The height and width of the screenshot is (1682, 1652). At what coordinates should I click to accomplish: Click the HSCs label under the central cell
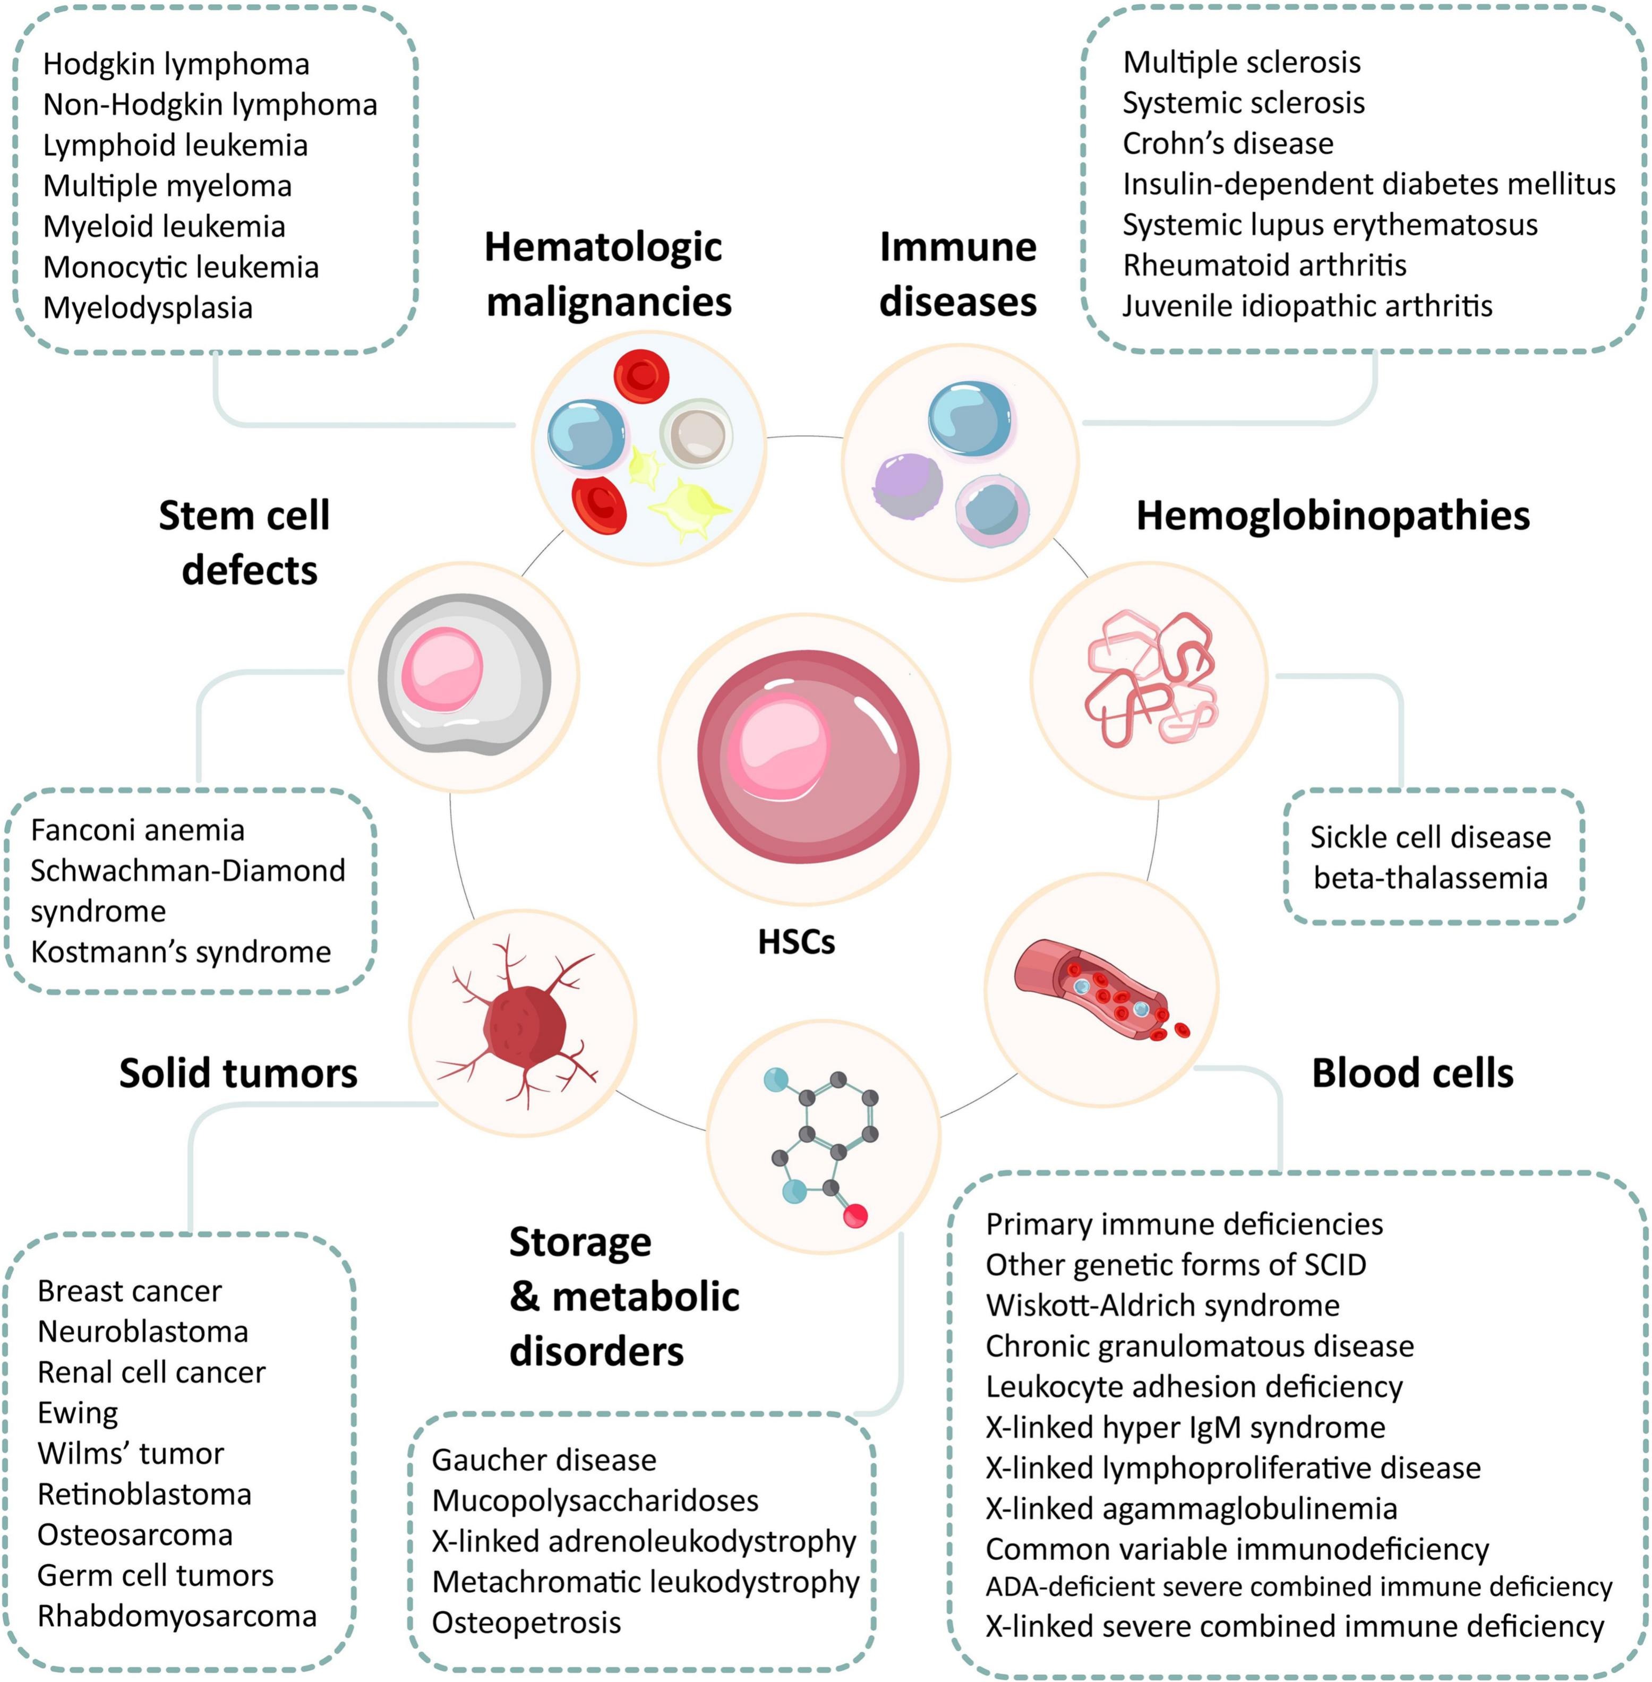(795, 942)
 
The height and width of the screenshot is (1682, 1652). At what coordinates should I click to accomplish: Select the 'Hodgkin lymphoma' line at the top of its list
(176, 64)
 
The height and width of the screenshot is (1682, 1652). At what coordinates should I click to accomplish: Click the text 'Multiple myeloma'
(167, 186)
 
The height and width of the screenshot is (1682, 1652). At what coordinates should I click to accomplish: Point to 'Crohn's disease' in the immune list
(1228, 143)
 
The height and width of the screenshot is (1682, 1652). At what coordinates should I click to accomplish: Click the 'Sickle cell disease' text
(1430, 837)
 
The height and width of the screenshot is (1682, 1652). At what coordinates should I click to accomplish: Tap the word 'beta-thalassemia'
(1430, 878)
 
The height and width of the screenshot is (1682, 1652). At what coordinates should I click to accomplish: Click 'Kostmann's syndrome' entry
(181, 951)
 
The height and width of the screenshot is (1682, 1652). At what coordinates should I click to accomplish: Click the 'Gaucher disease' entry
(544, 1460)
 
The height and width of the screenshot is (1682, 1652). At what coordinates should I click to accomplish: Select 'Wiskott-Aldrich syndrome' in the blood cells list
(1162, 1306)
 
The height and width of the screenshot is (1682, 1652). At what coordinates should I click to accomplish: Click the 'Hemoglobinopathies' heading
(1333, 515)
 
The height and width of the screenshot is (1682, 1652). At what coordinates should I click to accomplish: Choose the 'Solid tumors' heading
(238, 1073)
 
